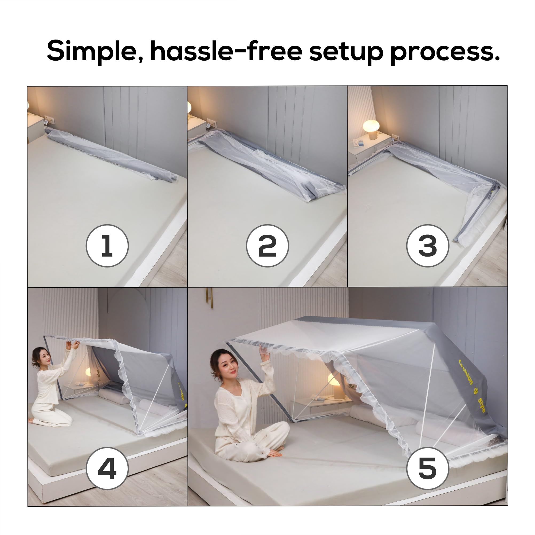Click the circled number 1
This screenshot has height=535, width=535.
coord(107,246)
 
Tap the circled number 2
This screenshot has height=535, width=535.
coord(267,246)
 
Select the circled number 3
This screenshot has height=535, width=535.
coord(428,246)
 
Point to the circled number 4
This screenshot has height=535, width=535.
coord(107,468)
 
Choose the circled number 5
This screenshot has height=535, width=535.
coord(428,468)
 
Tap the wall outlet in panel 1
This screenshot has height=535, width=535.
coord(49,120)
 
